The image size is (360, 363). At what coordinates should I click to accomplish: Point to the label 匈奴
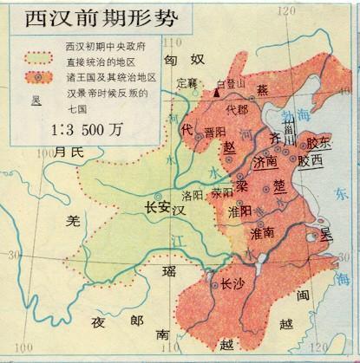click(182, 59)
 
